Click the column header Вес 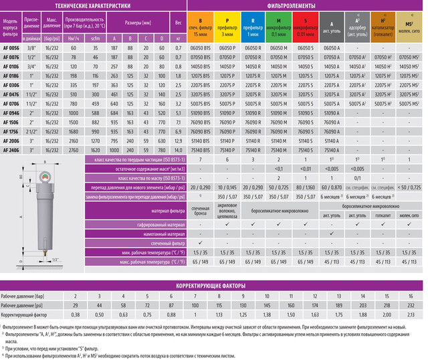[178, 22]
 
